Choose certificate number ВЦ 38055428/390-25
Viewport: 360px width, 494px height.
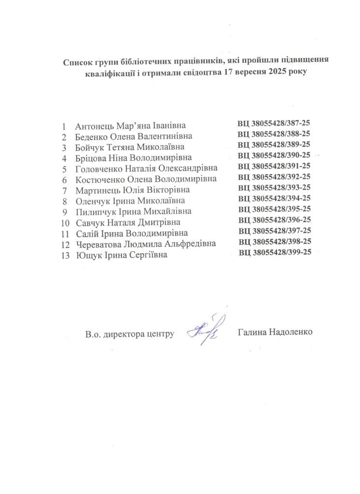[x=274, y=155]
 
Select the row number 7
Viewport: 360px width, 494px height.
[x=64, y=190]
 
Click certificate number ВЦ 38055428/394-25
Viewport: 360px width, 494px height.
[x=275, y=198]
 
